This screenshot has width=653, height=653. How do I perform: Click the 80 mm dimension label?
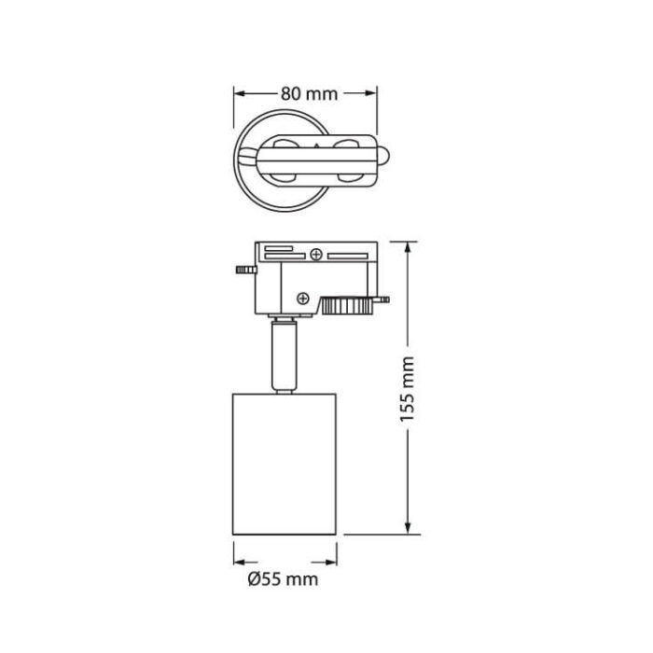(308, 93)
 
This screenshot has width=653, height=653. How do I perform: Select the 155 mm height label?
(407, 388)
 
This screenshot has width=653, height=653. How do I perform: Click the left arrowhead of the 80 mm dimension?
(239, 93)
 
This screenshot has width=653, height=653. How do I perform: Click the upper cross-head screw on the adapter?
(317, 254)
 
